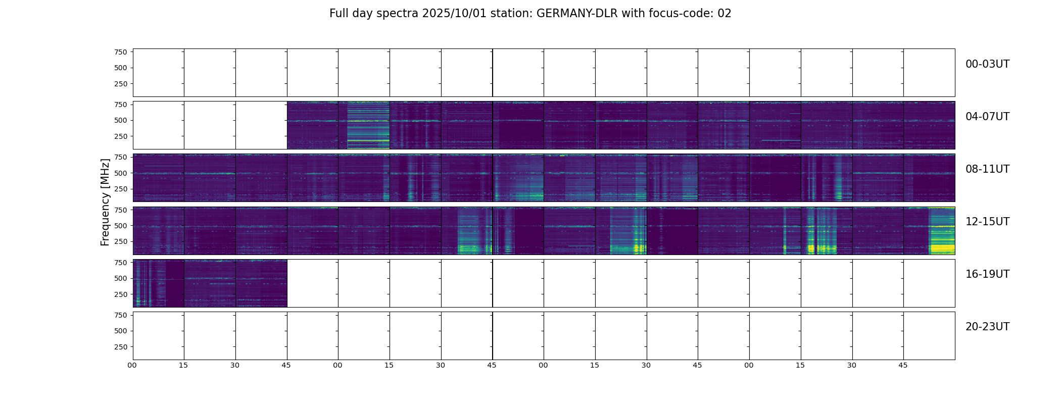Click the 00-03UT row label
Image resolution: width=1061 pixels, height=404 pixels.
[x=987, y=64]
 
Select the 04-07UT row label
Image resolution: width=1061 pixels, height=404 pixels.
[x=987, y=117]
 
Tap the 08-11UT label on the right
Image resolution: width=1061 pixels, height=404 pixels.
[x=987, y=169]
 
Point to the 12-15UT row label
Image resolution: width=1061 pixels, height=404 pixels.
[x=987, y=222]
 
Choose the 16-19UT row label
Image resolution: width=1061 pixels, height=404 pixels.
[x=987, y=274]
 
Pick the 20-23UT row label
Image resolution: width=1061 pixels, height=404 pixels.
[x=987, y=327]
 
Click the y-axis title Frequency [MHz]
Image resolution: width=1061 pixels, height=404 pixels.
[x=105, y=202]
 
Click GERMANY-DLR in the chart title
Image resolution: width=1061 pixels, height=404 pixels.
[x=577, y=14]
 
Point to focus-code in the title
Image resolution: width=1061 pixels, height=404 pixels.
[x=689, y=14]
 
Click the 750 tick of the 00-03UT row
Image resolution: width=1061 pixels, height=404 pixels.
[x=121, y=52]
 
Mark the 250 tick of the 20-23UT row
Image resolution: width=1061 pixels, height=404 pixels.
[x=121, y=347]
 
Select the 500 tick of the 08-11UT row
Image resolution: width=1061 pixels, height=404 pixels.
[x=121, y=173]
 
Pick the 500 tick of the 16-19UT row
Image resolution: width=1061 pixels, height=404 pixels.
[x=121, y=278]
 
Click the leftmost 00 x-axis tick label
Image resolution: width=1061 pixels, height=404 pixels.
[x=132, y=365]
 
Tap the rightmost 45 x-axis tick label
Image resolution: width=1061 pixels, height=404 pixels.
[x=903, y=365]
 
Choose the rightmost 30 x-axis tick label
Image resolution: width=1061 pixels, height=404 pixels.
[x=852, y=365]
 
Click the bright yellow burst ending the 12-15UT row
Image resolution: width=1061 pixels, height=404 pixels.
[x=942, y=247]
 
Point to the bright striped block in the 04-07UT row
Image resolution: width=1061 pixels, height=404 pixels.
[x=368, y=125]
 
